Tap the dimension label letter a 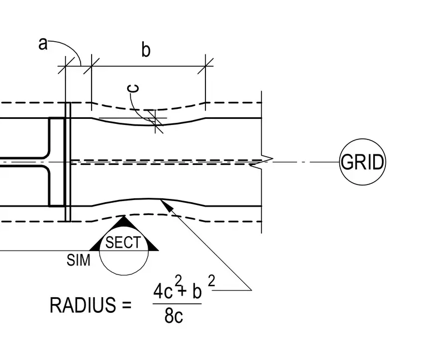click(43, 44)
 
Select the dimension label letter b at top click(145, 49)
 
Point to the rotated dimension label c click(133, 88)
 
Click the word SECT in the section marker click(123, 242)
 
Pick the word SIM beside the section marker click(78, 260)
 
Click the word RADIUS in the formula click(83, 305)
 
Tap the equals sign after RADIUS click(127, 305)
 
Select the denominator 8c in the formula click(174, 316)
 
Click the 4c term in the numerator click(163, 291)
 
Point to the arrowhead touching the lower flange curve click(166, 204)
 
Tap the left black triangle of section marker click(95, 246)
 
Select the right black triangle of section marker click(152, 246)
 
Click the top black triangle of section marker click(123, 221)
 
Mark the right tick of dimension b click(205, 66)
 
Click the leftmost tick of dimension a click(66, 66)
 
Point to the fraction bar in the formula click(177, 304)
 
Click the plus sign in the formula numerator click(182, 291)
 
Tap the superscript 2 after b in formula click(212, 281)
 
